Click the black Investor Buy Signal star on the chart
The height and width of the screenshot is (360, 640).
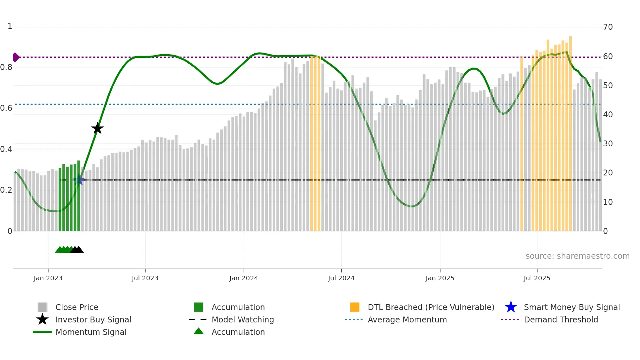coord(97,129)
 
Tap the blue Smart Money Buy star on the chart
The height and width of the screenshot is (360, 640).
coord(78,180)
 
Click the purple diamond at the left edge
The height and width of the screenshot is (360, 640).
coord(16,57)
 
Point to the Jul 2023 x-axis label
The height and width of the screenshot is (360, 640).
coord(145,278)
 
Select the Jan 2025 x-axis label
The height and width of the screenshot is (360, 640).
coord(440,278)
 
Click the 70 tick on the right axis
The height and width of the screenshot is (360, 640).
coord(608,27)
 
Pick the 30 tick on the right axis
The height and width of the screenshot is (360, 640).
coord(608,144)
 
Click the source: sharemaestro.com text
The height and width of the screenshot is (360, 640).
coord(577,256)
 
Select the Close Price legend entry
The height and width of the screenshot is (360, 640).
coord(77,307)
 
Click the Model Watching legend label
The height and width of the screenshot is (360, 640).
coord(243,319)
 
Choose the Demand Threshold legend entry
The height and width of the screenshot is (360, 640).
coord(561,319)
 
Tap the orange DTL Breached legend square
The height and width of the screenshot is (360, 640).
coord(355,307)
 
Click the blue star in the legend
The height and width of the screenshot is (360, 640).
coord(511,307)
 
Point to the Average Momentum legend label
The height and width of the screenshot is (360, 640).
coord(407,319)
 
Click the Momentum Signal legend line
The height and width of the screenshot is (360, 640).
coord(42,332)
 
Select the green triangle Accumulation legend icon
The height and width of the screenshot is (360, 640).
coord(199,332)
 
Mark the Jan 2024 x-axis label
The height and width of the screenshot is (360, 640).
coord(244,278)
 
